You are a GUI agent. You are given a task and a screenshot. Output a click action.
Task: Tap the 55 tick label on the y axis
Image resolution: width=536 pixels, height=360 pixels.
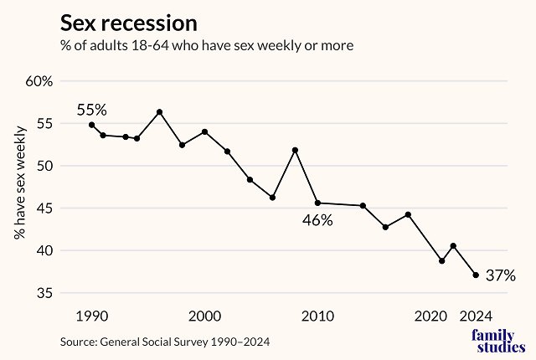44,123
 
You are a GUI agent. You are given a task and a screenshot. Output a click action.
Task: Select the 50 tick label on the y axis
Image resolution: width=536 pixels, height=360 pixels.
44,166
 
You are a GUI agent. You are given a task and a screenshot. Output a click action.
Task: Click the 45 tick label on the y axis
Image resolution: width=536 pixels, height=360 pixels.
44,208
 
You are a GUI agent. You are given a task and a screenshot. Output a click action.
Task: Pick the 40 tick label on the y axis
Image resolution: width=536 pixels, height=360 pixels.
44,250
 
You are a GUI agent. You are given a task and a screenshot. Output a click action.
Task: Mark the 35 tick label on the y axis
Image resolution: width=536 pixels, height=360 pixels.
44,293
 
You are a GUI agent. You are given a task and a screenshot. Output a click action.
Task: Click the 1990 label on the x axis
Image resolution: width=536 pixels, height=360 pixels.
91,316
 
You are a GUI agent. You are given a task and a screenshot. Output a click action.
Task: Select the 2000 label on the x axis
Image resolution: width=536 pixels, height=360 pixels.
204,316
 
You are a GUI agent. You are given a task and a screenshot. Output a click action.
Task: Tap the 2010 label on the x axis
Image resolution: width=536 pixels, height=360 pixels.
318,316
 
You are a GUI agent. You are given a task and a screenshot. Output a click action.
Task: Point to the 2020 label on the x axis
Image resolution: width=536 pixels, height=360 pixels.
431,316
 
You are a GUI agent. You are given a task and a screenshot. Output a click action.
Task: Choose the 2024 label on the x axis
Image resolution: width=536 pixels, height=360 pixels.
476,316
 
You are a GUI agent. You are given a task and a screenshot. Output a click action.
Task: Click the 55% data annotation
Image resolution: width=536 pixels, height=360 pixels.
92,110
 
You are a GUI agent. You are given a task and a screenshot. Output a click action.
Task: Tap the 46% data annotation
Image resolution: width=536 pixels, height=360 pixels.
318,220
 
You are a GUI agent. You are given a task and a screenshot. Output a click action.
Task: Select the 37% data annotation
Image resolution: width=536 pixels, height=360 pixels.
500,275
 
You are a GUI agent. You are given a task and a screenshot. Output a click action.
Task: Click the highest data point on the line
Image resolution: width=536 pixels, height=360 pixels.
159,112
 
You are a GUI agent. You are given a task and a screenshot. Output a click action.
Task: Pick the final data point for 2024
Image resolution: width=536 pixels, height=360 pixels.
476,275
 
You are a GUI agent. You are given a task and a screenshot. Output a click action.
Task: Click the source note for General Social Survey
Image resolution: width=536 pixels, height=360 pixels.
165,342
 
